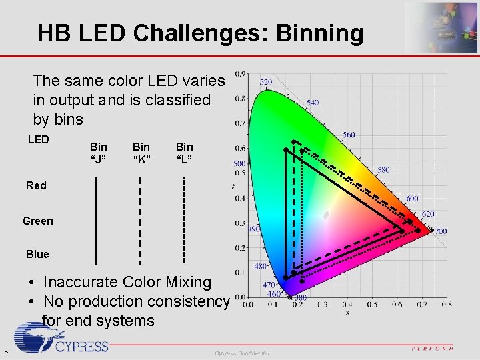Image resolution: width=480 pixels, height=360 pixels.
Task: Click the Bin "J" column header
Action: click(x=98, y=153)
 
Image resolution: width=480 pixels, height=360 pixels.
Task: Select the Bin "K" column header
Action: click(x=141, y=153)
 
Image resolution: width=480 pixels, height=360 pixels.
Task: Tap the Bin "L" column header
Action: click(x=184, y=153)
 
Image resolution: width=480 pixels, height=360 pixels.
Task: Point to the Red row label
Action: click(x=36, y=185)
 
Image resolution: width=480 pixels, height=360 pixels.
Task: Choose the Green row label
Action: click(x=37, y=221)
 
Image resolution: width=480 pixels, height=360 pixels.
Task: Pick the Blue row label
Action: click(x=37, y=254)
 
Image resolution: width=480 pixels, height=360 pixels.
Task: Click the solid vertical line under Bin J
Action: click(x=97, y=220)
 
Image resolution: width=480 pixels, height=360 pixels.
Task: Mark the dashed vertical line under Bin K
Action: click(x=140, y=220)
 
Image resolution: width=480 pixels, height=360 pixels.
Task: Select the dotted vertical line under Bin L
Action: click(x=184, y=220)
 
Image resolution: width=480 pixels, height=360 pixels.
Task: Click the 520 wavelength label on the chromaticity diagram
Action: click(x=265, y=82)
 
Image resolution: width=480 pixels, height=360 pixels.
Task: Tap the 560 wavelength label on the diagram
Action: click(x=349, y=135)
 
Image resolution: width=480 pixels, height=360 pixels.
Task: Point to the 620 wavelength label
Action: click(x=427, y=214)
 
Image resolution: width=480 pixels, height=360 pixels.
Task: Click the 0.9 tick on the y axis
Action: click(x=239, y=73)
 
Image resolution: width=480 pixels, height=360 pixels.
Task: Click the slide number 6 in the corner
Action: click(x=5, y=353)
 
